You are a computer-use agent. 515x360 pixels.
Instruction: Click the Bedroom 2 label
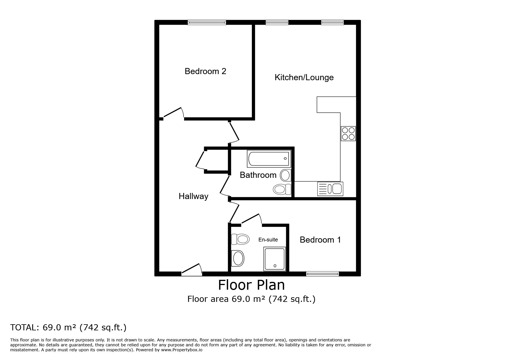[x=205, y=71]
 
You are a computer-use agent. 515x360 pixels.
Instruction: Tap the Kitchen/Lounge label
[x=304, y=77]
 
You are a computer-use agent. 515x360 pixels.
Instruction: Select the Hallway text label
[x=193, y=196]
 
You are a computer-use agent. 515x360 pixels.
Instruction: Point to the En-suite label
[x=268, y=240]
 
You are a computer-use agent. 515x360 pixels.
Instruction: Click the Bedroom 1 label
[x=320, y=240]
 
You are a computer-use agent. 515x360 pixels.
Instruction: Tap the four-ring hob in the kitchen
[x=348, y=134]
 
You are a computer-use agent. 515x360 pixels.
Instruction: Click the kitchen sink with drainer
[x=330, y=189]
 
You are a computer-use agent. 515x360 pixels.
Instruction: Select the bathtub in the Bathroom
[x=268, y=159]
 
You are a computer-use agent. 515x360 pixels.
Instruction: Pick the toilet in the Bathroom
[x=282, y=189]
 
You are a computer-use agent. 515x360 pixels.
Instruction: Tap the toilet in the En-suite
[x=240, y=239]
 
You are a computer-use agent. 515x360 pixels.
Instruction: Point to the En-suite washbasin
[x=238, y=258]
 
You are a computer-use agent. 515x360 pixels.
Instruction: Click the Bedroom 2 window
[x=207, y=22]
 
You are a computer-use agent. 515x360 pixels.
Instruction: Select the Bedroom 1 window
[x=322, y=273]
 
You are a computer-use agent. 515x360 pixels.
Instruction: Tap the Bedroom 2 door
[x=174, y=113]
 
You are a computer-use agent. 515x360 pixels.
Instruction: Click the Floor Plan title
[x=252, y=285]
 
